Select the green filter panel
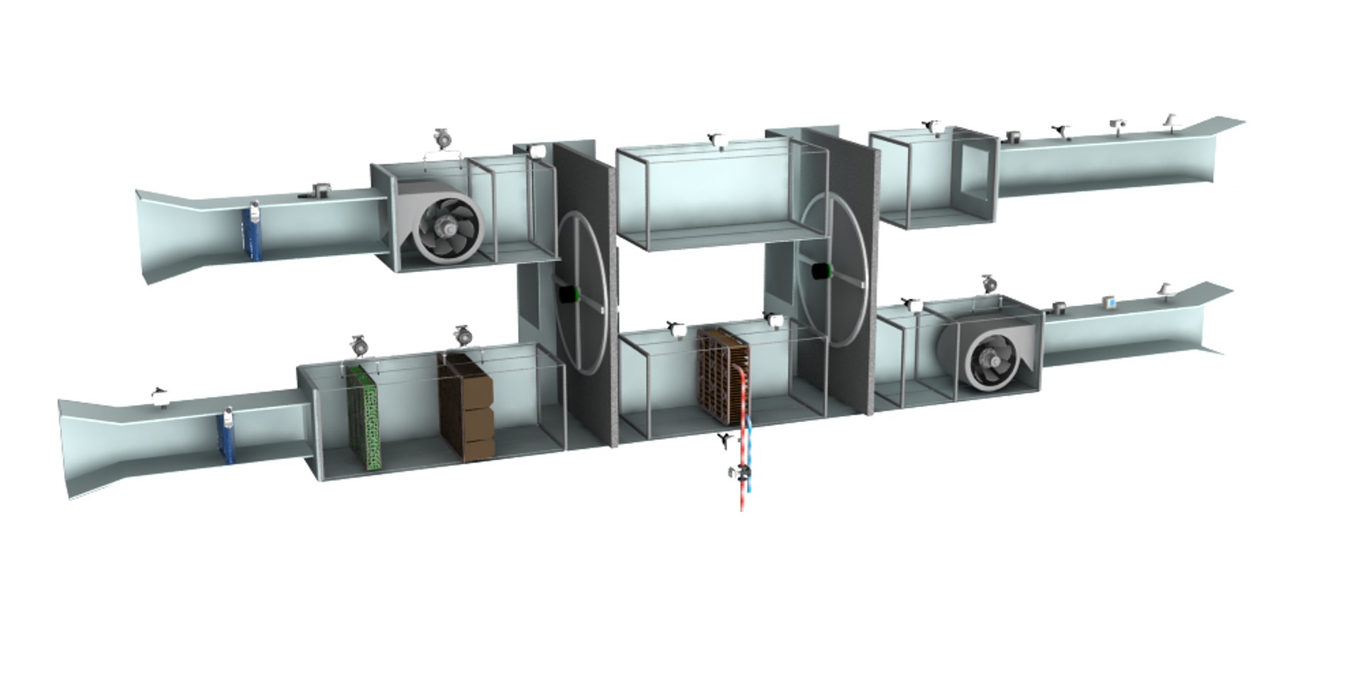tap(364, 416)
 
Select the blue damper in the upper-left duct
tap(252, 231)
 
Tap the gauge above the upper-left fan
tap(443, 138)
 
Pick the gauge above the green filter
tap(359, 346)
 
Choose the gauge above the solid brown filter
tap(463, 334)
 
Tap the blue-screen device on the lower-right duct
tap(1110, 302)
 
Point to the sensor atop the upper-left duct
tap(322, 190)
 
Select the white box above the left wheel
tap(537, 151)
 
